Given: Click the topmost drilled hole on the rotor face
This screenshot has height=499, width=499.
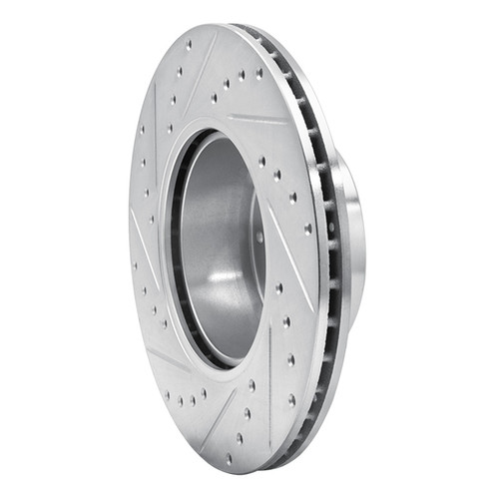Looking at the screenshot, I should coord(189,44).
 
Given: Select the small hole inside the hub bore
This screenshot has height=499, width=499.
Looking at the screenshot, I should coord(258,237).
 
